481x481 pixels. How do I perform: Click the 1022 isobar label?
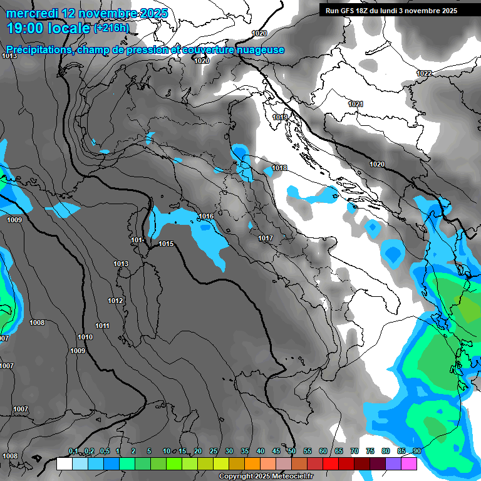[424, 73]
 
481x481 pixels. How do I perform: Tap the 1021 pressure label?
[356, 104]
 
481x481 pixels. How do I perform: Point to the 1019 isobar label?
[280, 117]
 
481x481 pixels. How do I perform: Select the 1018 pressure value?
[279, 168]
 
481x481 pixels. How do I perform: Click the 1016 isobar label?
[206, 217]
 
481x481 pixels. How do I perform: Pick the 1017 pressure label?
[266, 238]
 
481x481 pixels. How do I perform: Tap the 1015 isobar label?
[166, 244]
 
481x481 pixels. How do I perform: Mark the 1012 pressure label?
[115, 301]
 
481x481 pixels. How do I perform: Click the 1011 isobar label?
[102, 326]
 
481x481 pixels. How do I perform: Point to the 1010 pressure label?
[85, 337]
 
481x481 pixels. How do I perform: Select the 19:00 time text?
[26, 29]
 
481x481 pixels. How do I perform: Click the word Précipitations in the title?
[37, 49]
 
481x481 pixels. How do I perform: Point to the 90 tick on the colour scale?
[416, 452]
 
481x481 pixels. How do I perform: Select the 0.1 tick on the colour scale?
[73, 452]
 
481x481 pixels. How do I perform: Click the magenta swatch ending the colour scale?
[409, 463]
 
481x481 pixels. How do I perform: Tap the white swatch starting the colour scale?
[65, 463]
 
